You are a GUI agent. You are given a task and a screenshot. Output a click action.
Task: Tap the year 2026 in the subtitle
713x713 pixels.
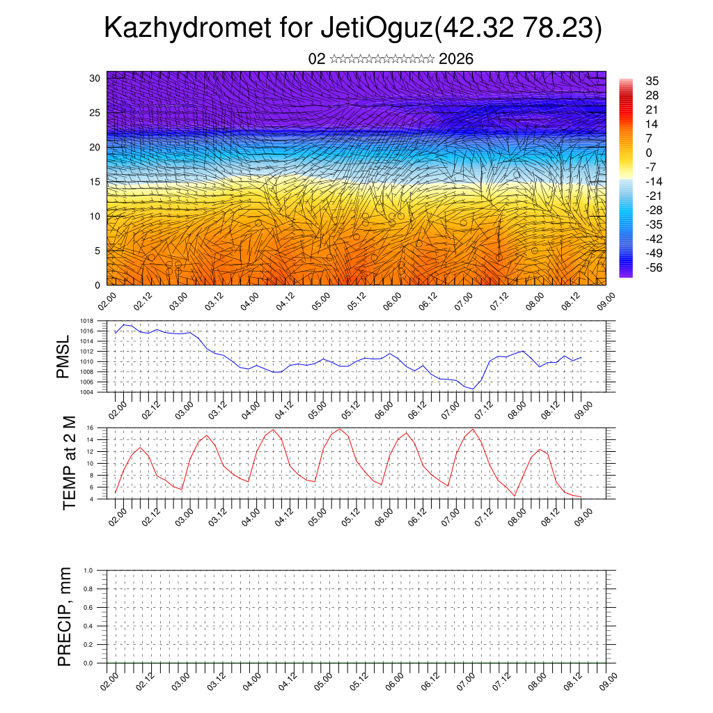[456, 59]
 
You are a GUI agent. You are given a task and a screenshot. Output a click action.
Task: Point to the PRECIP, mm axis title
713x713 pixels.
[65, 617]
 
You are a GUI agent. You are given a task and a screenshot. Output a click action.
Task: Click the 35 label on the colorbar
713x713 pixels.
[652, 81]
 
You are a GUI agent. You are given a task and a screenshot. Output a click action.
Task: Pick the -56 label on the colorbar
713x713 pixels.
[654, 267]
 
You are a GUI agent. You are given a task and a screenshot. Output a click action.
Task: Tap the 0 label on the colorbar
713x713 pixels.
[649, 152]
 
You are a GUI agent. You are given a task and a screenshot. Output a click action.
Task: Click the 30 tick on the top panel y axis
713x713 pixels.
[95, 78]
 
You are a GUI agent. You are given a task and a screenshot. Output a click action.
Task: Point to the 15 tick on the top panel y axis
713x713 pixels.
[95, 182]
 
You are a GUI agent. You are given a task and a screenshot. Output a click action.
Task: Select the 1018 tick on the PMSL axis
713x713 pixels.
[86, 322]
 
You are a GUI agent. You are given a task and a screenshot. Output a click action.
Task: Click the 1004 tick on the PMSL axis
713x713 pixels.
[86, 392]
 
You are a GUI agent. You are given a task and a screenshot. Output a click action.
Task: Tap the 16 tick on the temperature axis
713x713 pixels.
[90, 428]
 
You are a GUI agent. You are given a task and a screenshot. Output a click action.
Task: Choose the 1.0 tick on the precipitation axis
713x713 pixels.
[88, 570]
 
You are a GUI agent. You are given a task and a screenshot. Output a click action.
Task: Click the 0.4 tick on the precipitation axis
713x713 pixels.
[88, 626]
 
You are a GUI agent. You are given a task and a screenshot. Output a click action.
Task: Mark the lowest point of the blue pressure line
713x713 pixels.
[473, 389]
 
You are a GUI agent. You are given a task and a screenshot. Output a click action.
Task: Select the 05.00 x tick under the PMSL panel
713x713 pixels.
[322, 407]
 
